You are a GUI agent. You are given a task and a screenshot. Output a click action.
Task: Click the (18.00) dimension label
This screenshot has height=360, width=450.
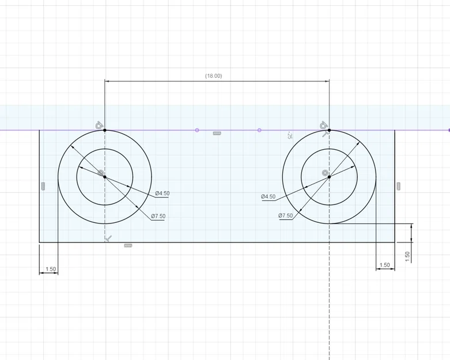[213, 76]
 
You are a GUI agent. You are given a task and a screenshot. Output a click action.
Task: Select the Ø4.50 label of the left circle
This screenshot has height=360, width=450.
[162, 194]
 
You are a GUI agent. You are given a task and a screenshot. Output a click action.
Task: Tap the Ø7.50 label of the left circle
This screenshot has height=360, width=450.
[158, 216]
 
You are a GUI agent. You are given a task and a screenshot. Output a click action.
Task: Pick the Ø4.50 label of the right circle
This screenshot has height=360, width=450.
[268, 196]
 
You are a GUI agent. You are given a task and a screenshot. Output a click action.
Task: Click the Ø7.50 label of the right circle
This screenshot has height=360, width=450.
[285, 215]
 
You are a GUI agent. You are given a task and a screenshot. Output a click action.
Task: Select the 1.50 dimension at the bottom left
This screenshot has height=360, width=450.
[50, 269]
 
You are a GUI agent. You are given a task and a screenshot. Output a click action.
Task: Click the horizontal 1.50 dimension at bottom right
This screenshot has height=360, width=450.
[384, 266]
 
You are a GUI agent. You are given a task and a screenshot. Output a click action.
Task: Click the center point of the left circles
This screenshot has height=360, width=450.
[104, 177]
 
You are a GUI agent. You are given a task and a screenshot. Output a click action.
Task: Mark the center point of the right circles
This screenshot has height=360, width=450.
[329, 177]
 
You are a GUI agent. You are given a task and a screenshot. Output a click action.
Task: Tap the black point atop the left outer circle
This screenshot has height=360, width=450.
[104, 130]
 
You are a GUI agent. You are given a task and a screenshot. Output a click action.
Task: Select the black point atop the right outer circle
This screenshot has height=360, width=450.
[329, 130]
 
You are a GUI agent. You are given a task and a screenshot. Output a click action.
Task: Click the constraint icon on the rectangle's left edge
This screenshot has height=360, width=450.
[43, 185]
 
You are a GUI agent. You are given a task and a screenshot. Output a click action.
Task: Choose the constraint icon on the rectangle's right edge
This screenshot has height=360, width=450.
[399, 185]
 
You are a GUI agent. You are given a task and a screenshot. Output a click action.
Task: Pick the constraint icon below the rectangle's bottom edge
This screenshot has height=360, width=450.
[128, 246]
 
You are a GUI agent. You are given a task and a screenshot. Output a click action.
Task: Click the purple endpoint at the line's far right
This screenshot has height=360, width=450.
[449, 130]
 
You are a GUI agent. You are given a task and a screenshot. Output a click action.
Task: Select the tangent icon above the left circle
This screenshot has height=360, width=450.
[99, 124]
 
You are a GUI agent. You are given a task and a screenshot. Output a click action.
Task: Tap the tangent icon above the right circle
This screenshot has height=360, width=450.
[324, 124]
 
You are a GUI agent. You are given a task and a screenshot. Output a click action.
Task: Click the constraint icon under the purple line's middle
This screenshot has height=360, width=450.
[217, 134]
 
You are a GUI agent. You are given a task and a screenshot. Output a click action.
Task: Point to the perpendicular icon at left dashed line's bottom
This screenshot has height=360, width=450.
[108, 238]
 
